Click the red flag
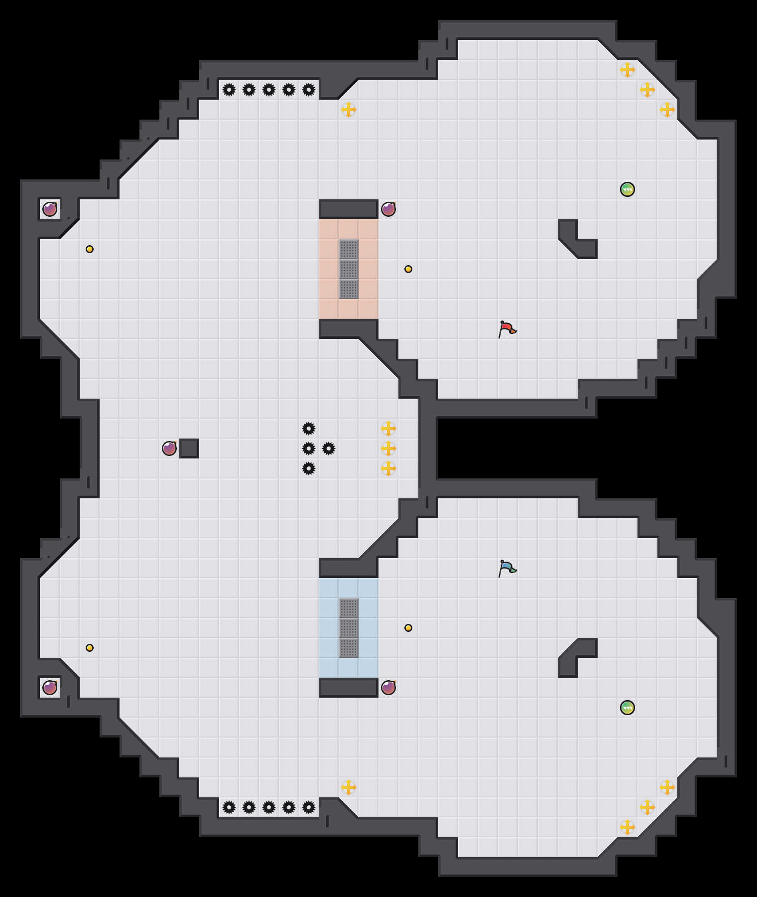tap(507, 329)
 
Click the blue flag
tap(507, 568)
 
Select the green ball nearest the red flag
tap(628, 189)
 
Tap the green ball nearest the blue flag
tap(628, 708)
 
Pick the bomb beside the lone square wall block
tap(169, 448)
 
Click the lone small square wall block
tap(189, 448)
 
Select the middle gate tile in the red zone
tap(349, 269)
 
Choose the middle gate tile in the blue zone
tap(349, 628)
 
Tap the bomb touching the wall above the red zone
tap(388, 209)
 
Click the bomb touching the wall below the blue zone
tap(388, 688)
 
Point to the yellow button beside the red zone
tap(408, 269)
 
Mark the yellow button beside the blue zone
tap(408, 628)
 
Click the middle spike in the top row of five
tap(269, 90)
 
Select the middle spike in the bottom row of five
tap(269, 807)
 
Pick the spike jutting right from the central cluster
tap(329, 448)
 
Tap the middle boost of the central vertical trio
tap(388, 448)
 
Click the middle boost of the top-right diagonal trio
tap(647, 90)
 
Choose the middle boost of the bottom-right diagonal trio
tap(647, 807)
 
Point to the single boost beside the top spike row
tap(349, 110)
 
